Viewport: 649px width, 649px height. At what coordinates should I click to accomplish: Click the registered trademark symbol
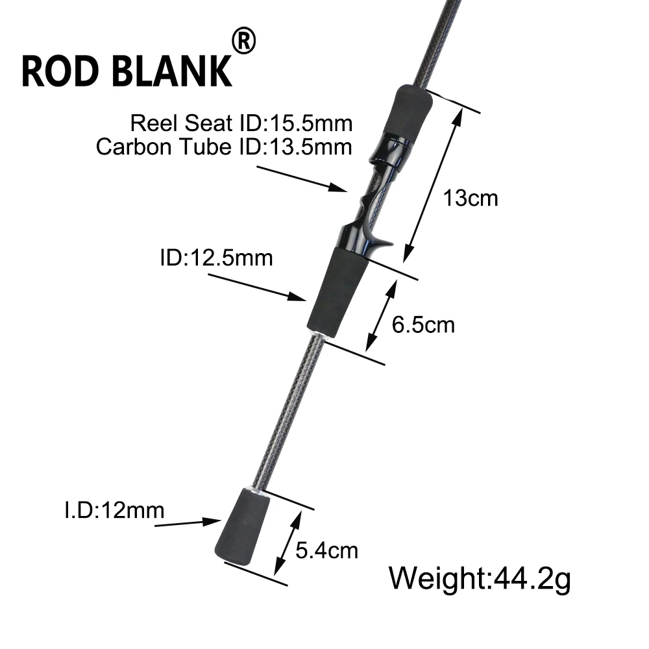click(244, 40)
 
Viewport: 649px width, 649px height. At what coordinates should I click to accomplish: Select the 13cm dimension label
click(470, 198)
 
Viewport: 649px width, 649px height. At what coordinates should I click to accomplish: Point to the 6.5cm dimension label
click(423, 325)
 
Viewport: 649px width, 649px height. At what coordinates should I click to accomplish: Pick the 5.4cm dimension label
click(326, 550)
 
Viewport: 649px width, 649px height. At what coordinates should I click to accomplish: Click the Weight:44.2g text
click(480, 578)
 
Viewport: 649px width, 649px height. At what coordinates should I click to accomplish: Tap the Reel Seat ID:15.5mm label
click(241, 123)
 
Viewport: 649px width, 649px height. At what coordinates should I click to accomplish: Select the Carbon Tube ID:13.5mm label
click(224, 147)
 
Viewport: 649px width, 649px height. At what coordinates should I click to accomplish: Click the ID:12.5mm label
click(217, 258)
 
